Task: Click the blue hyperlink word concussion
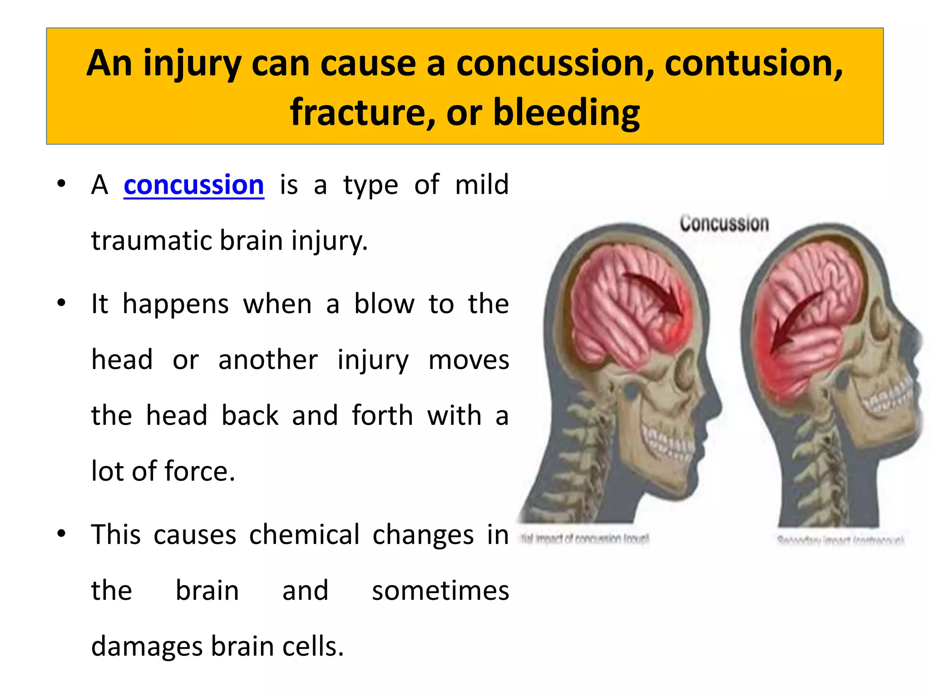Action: [193, 185]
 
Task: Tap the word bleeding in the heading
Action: [566, 112]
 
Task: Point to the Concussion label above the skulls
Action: [724, 224]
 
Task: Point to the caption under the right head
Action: [840, 540]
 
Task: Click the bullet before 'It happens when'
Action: [61, 303]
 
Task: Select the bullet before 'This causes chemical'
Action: [61, 533]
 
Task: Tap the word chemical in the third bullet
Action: [304, 535]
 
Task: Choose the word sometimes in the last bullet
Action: [440, 591]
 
